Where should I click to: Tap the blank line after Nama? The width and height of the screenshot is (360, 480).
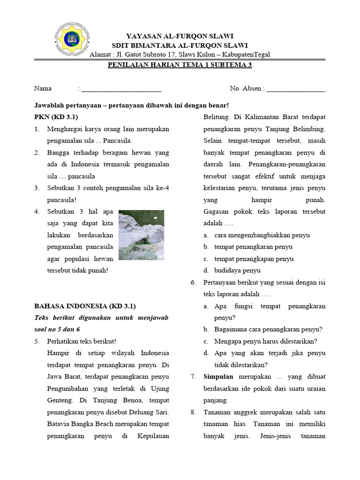pyautogui.click(x=121, y=89)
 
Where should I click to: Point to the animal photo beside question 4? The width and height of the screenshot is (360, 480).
pyautogui.click(x=141, y=235)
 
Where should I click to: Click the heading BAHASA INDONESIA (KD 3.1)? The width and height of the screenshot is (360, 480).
pyautogui.click(x=85, y=306)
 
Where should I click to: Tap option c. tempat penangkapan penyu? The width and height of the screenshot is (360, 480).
pyautogui.click(x=254, y=259)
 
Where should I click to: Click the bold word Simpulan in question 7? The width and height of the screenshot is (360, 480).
pyautogui.click(x=219, y=377)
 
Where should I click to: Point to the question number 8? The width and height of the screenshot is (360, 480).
pyautogui.click(x=193, y=412)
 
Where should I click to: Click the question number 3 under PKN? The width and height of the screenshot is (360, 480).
pyautogui.click(x=37, y=188)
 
